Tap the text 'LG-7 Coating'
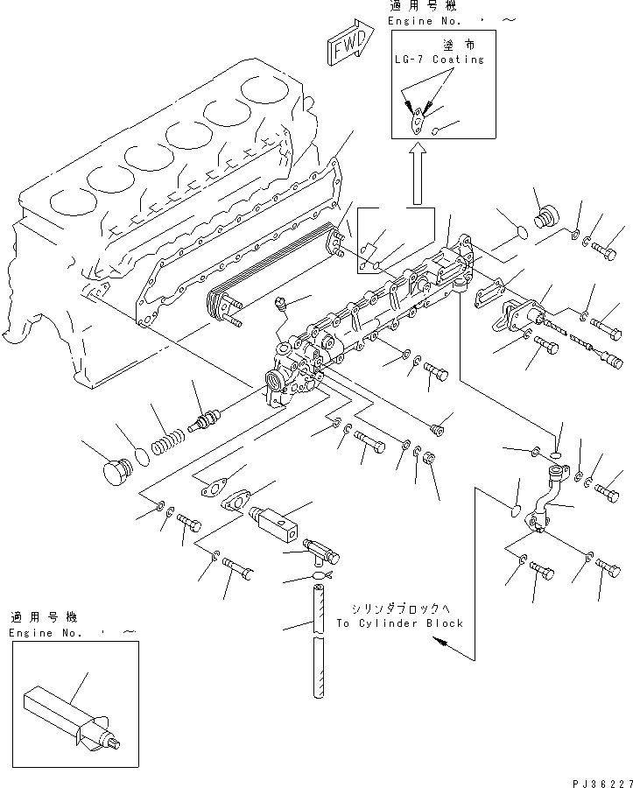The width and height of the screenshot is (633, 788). point(438,60)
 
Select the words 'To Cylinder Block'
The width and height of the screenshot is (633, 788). point(399,623)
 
